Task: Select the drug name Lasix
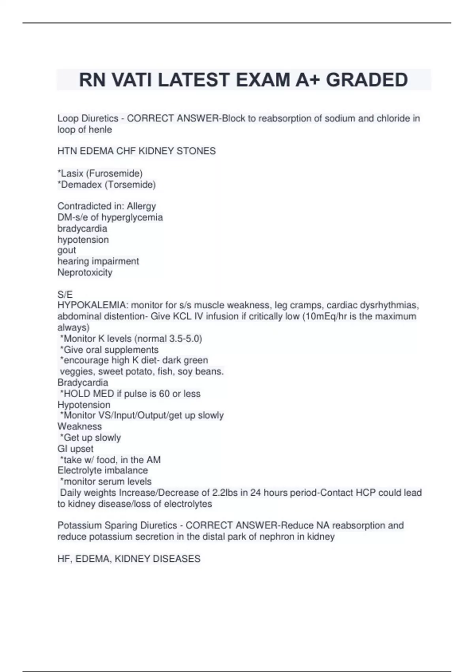point(72,174)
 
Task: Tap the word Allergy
point(141,206)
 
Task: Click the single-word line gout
point(66,250)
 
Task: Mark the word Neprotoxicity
point(85,272)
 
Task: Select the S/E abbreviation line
point(65,294)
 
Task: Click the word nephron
point(275,536)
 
